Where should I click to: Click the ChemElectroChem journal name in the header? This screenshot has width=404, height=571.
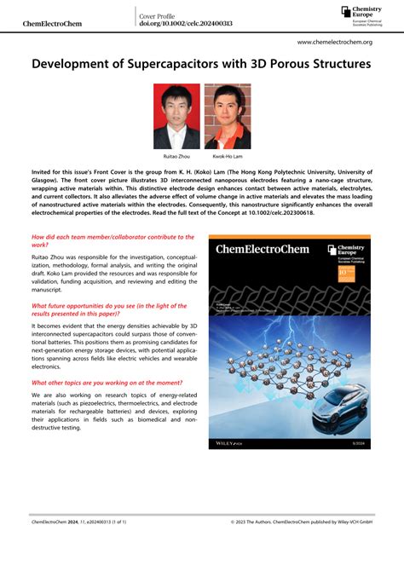pyautogui.click(x=52, y=23)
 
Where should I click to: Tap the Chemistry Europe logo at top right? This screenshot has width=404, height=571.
pyautogui.click(x=359, y=14)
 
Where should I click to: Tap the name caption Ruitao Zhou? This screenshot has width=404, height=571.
pyautogui.click(x=176, y=157)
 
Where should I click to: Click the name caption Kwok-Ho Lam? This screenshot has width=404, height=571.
pyautogui.click(x=228, y=157)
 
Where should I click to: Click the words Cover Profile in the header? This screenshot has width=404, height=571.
pyautogui.click(x=161, y=15)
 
